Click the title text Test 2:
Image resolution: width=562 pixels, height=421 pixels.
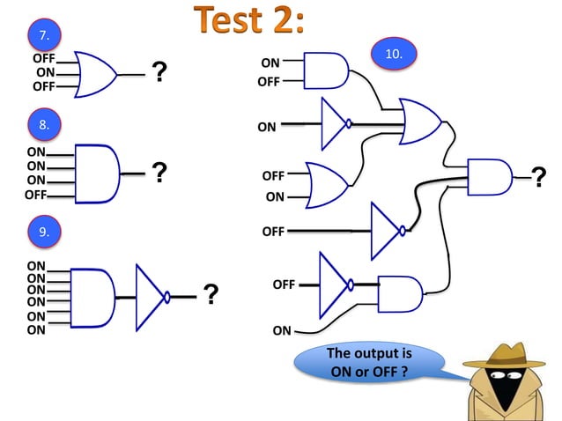pyautogui.click(x=249, y=21)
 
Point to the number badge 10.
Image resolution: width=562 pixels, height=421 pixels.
pyautogui.click(x=395, y=54)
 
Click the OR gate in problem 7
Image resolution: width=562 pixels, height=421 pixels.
pyautogui.click(x=96, y=73)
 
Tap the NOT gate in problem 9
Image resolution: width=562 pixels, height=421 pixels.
pyautogui.click(x=152, y=295)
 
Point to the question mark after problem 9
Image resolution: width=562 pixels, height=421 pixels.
pyautogui.click(x=211, y=294)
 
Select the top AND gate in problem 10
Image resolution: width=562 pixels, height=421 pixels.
pyautogui.click(x=326, y=70)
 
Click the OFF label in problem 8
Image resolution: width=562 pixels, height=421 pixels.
pyautogui.click(x=36, y=195)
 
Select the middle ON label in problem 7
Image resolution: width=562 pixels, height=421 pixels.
pyautogui.click(x=45, y=72)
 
